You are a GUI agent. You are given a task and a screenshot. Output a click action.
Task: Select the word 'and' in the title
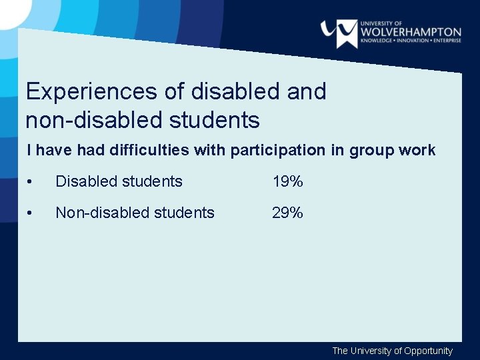[x=307, y=91]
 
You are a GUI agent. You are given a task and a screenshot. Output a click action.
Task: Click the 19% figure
[x=287, y=181]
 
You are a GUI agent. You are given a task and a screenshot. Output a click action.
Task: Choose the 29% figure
[x=287, y=213]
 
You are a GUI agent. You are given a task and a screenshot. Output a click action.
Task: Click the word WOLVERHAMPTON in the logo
[x=411, y=31]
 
